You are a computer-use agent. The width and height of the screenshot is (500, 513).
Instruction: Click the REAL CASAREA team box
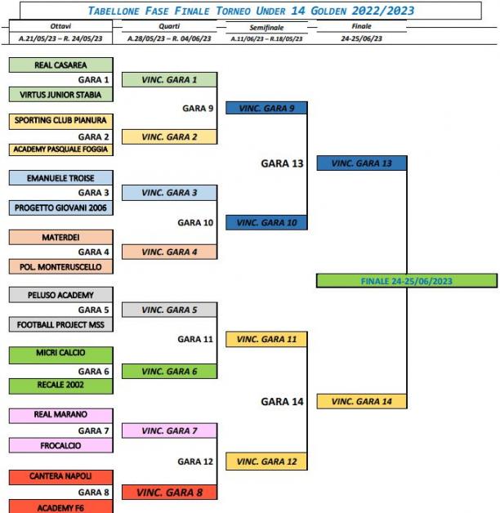[60, 65]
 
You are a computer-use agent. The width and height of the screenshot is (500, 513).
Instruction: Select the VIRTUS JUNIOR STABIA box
[60, 95]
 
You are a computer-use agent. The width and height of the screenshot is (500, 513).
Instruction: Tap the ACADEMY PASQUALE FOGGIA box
[60, 149]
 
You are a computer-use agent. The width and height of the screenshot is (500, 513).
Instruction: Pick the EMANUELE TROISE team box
[60, 177]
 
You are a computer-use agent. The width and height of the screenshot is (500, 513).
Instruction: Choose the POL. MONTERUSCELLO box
[60, 266]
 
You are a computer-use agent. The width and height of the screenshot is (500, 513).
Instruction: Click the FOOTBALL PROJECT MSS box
[60, 324]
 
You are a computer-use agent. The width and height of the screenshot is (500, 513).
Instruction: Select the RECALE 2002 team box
[60, 386]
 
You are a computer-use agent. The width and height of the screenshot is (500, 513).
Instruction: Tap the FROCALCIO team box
[60, 445]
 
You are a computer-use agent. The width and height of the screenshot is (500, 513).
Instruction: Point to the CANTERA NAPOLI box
[60, 477]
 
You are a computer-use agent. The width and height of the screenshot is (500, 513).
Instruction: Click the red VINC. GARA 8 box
[169, 492]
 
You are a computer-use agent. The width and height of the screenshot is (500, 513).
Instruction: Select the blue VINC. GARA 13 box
[362, 163]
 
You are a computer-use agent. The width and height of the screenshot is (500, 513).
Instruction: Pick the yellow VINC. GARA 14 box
[362, 401]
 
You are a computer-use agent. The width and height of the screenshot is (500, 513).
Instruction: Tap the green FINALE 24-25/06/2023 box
[407, 281]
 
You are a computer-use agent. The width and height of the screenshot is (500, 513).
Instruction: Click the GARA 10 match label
[195, 223]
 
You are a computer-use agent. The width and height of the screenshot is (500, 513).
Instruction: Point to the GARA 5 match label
[94, 310]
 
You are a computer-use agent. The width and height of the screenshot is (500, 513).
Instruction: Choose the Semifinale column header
[266, 28]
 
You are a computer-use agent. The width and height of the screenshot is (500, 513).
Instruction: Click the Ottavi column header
[60, 26]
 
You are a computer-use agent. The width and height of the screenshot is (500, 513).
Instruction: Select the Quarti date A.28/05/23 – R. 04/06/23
[169, 38]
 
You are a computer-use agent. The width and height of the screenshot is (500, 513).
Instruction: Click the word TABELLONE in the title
[114, 11]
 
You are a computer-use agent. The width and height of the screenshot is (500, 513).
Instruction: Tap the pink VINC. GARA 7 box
[169, 430]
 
